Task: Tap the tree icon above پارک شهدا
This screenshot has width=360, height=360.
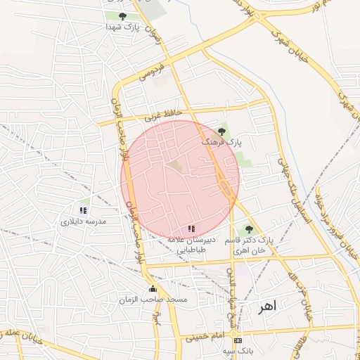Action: click(123, 15)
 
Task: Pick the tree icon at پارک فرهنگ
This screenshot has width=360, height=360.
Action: click(222, 131)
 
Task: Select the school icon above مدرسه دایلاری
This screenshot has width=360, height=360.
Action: click(84, 210)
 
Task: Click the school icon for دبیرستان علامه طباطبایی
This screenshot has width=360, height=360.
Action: click(191, 229)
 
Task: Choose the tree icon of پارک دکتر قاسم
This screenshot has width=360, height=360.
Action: click(247, 229)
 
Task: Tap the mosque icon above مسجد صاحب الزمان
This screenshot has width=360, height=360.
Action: click(153, 289)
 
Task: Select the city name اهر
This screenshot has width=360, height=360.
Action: click(268, 307)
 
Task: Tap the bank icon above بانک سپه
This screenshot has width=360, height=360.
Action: click(238, 340)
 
